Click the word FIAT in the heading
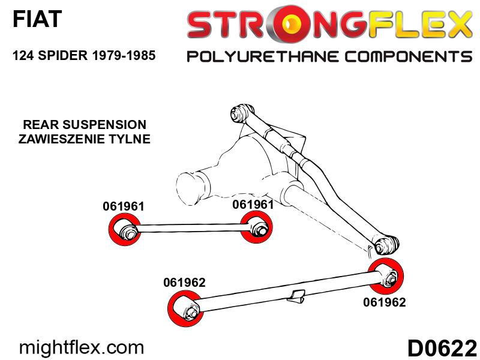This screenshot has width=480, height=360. tap(37, 19)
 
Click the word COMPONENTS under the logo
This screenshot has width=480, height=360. tap(409, 56)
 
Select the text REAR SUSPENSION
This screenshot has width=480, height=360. tap(85, 125)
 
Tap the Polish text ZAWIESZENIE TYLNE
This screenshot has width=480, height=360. tap(85, 139)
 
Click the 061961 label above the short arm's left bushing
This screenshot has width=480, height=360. tap(124, 206)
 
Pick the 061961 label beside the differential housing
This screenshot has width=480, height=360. tap(253, 205)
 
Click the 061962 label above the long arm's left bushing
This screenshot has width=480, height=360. tap(184, 282)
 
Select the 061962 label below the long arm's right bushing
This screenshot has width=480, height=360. tap(385, 302)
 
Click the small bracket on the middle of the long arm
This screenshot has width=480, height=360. tap(296, 295)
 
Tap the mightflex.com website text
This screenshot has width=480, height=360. tap(82, 348)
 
